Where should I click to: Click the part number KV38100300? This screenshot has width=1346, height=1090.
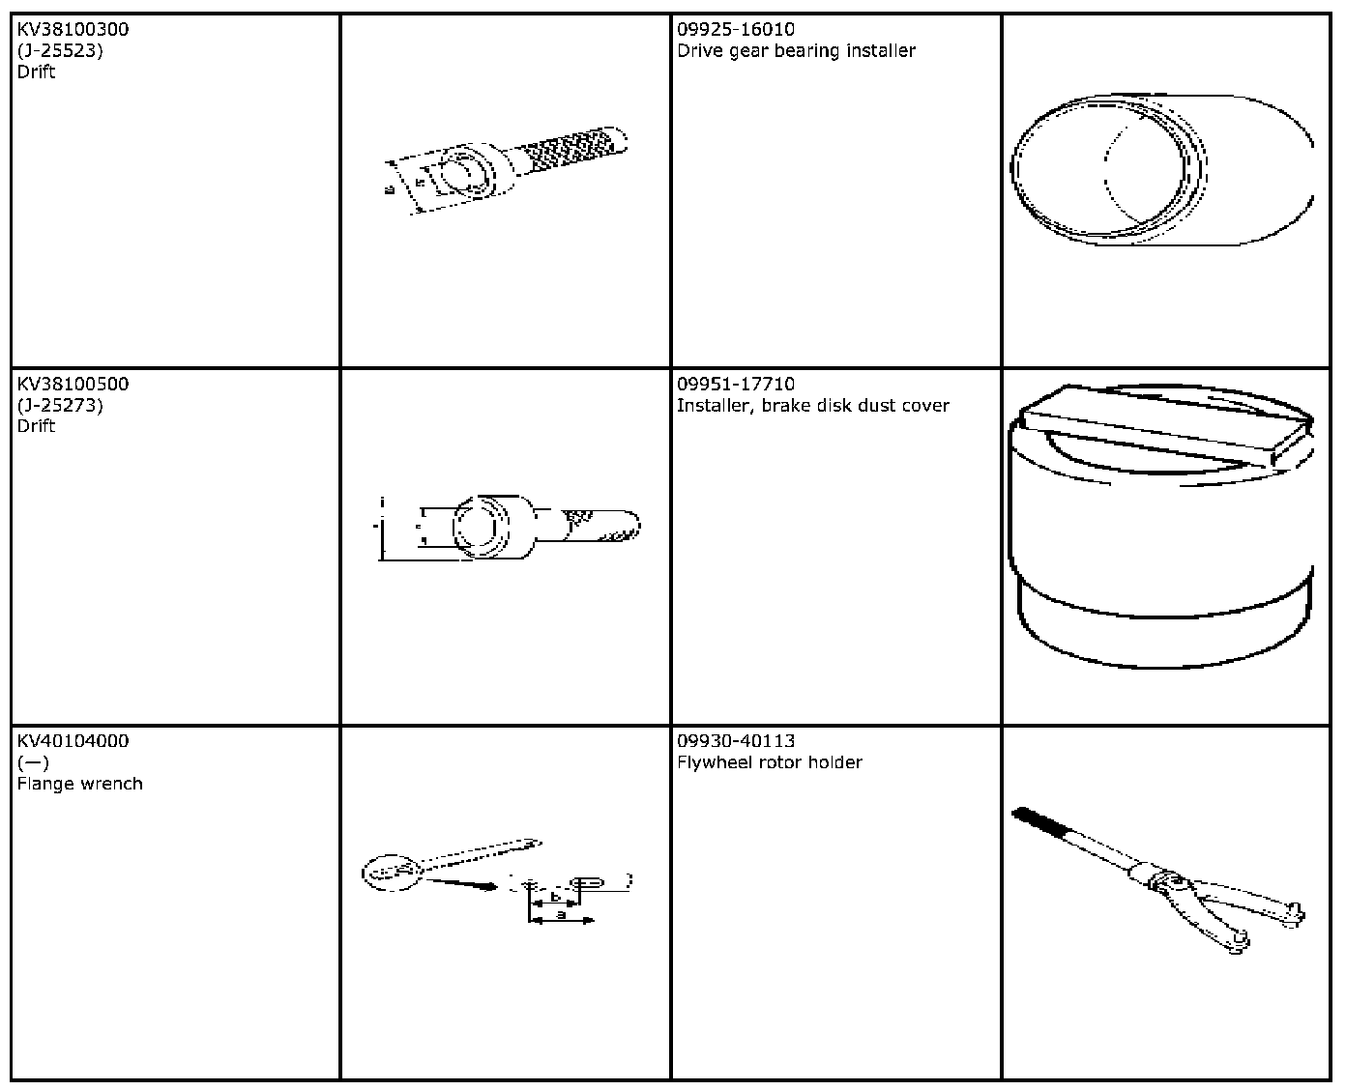tap(73, 30)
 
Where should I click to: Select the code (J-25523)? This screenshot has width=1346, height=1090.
tap(60, 51)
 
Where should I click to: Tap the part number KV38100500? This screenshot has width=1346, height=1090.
tap(73, 384)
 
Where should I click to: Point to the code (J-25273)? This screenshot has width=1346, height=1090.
tap(60, 405)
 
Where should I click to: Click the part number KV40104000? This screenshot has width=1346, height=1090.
tap(73, 741)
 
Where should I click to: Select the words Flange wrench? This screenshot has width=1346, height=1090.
tap(79, 784)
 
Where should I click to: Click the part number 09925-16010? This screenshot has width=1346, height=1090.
tap(736, 30)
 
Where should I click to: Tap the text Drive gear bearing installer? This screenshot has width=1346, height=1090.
tap(796, 51)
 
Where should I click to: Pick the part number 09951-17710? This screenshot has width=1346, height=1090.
tap(736, 384)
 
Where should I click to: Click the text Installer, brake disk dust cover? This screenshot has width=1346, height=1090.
tap(812, 406)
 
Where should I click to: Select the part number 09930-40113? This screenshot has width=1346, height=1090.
tap(736, 741)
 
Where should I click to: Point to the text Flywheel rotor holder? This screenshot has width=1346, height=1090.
tap(769, 762)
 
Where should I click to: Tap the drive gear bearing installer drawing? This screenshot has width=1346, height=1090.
tap(1160, 170)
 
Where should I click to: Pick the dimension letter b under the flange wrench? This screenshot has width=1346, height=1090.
tap(555, 897)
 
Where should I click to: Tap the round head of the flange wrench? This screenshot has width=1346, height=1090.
tap(392, 873)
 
